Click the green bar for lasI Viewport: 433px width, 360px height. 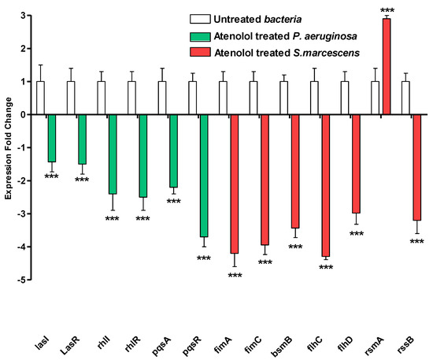tap(52, 138)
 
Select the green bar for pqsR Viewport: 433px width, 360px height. tap(204, 175)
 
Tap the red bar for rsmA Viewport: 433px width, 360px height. tap(387, 66)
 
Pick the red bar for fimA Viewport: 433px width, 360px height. tap(234, 184)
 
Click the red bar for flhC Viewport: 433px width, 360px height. tap(325, 185)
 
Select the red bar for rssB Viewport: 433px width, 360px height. tap(416, 167)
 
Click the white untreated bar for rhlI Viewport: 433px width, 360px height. tap(102, 98)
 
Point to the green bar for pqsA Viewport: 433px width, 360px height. tap(173, 150)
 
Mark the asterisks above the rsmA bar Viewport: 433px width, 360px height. tap(387, 10)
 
